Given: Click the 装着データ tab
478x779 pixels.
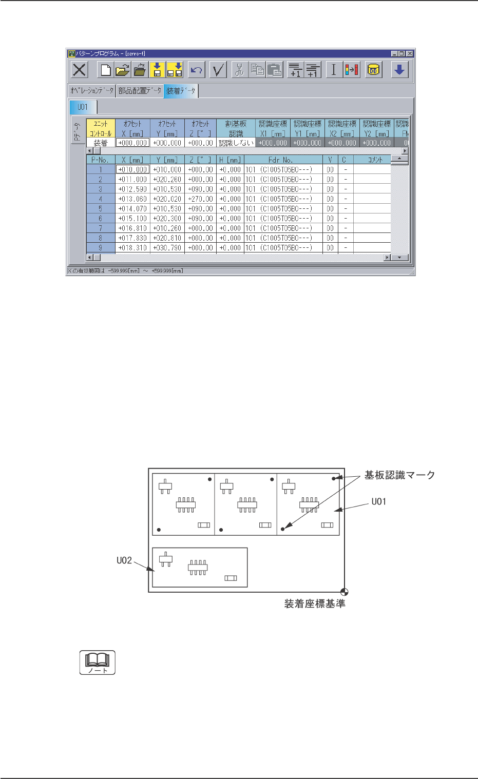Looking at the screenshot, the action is coord(181,91).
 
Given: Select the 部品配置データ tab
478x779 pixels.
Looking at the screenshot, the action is coord(139,91).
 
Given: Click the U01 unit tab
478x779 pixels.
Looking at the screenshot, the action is coord(83,107).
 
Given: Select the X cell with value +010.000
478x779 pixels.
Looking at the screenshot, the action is coord(133,169).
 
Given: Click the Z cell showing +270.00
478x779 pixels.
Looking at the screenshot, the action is coord(200,199).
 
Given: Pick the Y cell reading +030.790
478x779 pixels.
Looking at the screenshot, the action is coord(167,248).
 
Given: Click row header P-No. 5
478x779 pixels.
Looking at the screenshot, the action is coord(101,209).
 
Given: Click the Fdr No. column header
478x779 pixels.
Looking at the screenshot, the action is coord(280,160).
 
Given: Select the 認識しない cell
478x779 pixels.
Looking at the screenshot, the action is coord(236,143).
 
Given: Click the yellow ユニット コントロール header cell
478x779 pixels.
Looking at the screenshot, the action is coord(101,128).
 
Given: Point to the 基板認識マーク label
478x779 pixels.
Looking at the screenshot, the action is coord(399,476).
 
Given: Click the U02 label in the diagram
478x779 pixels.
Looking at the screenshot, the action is coord(124,560).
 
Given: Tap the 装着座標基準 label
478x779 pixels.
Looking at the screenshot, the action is coord(315,604).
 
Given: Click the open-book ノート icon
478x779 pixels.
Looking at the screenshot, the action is coord(98,663).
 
